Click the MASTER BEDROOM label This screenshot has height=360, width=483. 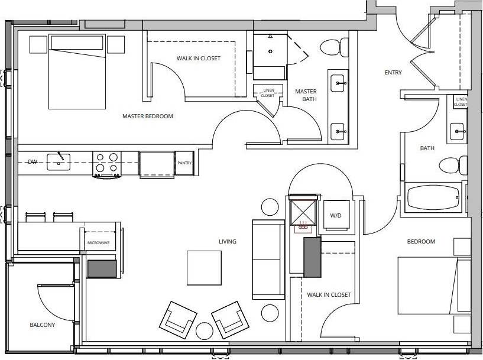[x=147, y=116]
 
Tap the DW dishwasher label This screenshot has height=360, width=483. [x=32, y=161]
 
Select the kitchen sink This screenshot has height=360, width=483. [x=59, y=158]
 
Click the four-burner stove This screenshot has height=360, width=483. [x=107, y=163]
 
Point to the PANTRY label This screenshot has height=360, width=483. [x=184, y=164]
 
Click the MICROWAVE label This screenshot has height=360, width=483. [x=98, y=242]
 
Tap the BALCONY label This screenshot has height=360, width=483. [x=42, y=325]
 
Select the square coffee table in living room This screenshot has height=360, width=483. [x=205, y=268]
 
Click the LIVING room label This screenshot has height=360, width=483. [x=227, y=241]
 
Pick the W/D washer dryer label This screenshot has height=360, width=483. [x=335, y=215]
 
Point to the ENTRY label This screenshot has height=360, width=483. [x=393, y=73]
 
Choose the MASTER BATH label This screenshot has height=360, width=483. [x=306, y=95]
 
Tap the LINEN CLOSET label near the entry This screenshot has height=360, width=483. [x=461, y=102]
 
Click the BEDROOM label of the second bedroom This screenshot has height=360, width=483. [x=420, y=241]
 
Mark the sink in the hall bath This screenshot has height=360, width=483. [x=457, y=131]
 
